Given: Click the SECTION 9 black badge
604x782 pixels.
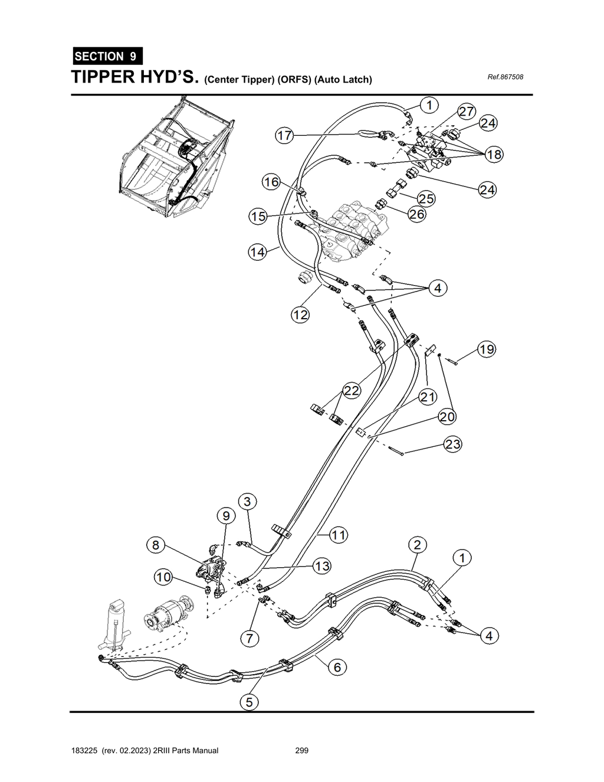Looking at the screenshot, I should click(107, 57).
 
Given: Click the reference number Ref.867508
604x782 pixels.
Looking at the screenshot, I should click(505, 77).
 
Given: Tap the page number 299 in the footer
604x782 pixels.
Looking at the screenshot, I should click(301, 751).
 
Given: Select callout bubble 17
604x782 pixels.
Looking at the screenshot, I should click(285, 136).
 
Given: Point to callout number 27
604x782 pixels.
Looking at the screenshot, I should click(467, 112).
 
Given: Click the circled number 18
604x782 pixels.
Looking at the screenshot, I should click(494, 155).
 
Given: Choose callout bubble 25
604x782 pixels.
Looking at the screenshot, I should click(426, 199).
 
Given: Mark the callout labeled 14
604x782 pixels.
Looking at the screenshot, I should click(257, 252).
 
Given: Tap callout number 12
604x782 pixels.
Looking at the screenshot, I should click(301, 315).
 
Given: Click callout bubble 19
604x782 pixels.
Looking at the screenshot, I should click(487, 349).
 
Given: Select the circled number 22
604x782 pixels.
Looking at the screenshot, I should click(352, 391).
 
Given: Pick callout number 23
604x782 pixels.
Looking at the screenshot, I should click(452, 444).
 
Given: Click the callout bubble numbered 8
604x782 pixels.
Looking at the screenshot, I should click(156, 545).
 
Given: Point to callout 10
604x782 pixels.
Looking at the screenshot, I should click(163, 578).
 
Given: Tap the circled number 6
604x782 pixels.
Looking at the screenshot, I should click(337, 667).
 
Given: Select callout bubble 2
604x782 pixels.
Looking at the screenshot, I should click(417, 544).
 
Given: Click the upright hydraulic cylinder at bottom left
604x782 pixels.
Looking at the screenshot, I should click(116, 626).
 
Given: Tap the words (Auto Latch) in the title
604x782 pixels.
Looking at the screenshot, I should click(343, 79).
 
